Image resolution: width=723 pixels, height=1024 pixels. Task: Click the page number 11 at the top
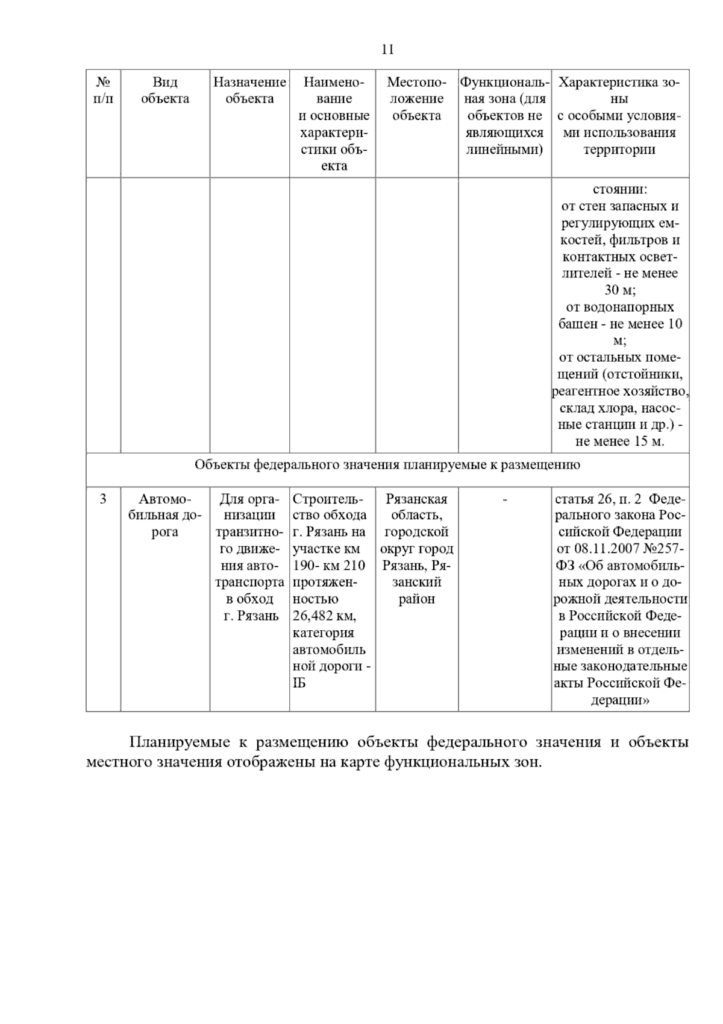[x=387, y=49]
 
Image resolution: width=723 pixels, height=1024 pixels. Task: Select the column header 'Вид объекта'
[x=164, y=90]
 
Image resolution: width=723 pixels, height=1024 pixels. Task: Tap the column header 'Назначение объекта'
[x=249, y=90]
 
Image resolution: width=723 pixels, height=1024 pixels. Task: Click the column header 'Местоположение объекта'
[x=416, y=99]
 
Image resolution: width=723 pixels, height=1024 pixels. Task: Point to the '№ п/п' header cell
[x=103, y=90]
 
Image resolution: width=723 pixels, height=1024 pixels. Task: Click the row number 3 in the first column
[x=103, y=499]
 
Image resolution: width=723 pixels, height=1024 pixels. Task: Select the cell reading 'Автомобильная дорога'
[x=164, y=516]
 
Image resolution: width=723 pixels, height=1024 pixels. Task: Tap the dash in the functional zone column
[x=504, y=500]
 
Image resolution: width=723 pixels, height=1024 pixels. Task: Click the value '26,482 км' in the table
[x=324, y=616]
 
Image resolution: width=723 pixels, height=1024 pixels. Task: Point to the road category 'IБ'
[x=299, y=683]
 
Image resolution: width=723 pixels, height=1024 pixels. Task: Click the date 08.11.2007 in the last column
[x=596, y=549]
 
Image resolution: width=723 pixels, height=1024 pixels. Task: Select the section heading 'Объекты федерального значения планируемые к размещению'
[x=387, y=465]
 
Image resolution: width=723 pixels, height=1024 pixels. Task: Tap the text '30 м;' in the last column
[x=620, y=291]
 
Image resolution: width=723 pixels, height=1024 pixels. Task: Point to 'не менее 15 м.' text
[x=620, y=441]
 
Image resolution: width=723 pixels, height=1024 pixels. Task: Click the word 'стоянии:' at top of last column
[x=620, y=190]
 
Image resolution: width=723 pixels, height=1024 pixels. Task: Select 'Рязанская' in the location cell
[x=416, y=499]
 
